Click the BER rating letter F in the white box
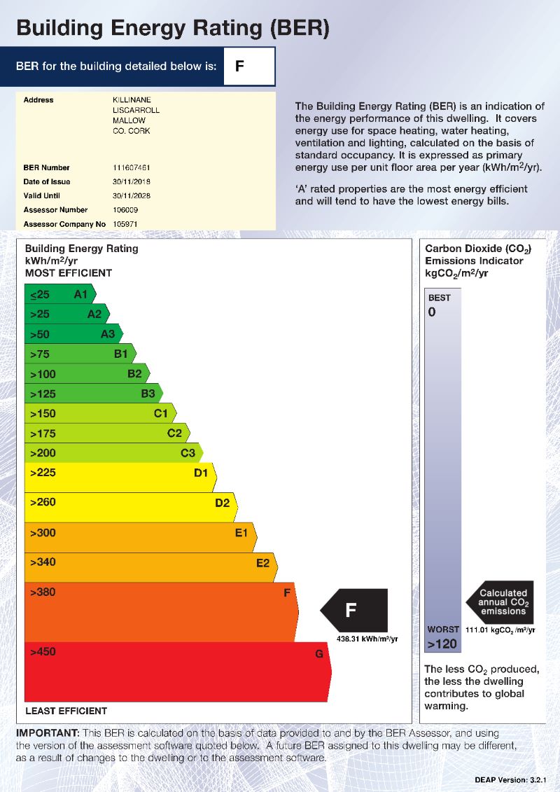click(240, 67)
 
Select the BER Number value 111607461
click(132, 168)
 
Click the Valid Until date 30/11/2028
click(132, 196)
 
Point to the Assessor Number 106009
click(125, 210)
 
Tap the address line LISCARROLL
click(136, 111)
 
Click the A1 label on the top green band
click(81, 294)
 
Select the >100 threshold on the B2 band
click(43, 374)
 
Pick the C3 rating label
click(188, 453)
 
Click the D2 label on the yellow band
click(222, 503)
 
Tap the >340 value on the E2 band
click(43, 562)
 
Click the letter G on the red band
click(319, 654)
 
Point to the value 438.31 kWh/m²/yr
click(367, 639)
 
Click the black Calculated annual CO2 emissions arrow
click(500, 602)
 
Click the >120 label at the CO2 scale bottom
click(442, 644)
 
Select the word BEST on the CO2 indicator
click(440, 298)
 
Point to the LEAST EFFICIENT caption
click(66, 711)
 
